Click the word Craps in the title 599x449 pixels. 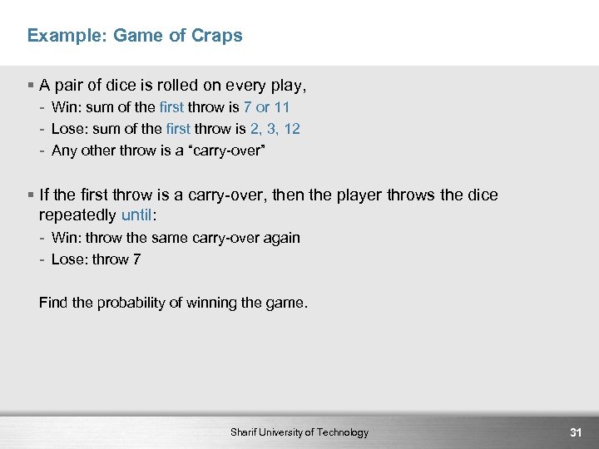216,36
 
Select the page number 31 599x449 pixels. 575,432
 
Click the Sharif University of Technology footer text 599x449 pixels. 299,432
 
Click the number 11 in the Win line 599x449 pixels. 282,107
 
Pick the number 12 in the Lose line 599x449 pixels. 291,129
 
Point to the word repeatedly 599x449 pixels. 78,215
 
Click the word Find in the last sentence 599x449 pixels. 53,303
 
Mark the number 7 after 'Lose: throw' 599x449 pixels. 136,259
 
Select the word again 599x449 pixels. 281,238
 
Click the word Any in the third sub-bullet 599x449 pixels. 63,150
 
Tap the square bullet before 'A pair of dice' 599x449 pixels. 30,85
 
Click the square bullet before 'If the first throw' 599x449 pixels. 30,195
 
